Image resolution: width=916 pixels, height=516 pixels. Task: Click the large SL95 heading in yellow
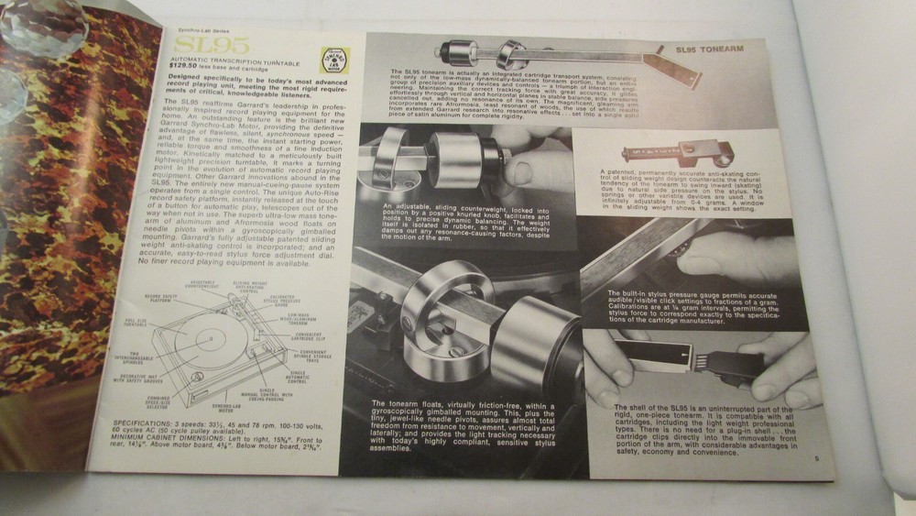click(199, 45)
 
